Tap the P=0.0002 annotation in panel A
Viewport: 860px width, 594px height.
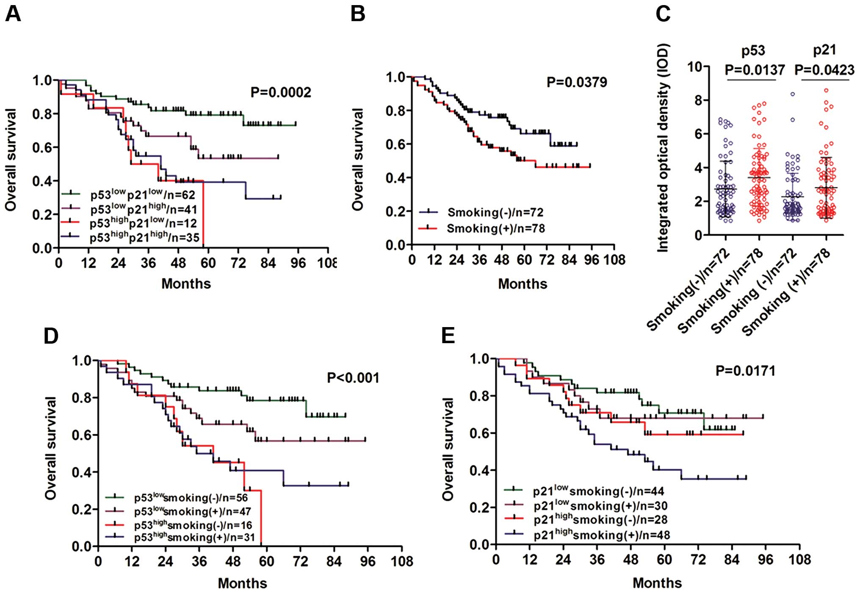pyautogui.click(x=280, y=92)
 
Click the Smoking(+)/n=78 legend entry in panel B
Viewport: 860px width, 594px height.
pyautogui.click(x=495, y=229)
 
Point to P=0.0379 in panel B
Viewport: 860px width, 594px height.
pyautogui.click(x=576, y=82)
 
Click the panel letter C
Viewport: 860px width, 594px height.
pyautogui.click(x=663, y=14)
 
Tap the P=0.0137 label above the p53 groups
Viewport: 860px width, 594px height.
pyautogui.click(x=755, y=69)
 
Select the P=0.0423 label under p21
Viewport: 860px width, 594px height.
pyautogui.click(x=824, y=69)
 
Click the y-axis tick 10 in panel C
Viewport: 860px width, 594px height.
pyautogui.click(x=695, y=67)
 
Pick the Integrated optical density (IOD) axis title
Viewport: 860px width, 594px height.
pyautogui.click(x=663, y=148)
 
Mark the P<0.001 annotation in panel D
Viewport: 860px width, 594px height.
pyautogui.click(x=353, y=377)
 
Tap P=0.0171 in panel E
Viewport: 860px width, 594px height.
pyautogui.click(x=745, y=371)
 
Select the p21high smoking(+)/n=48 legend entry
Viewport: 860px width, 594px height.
pyautogui.click(x=601, y=535)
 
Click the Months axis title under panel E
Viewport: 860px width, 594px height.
pyautogui.click(x=657, y=583)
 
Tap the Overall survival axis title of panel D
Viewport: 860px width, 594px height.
pyautogui.click(x=51, y=448)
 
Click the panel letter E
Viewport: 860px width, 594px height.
pyautogui.click(x=448, y=336)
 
